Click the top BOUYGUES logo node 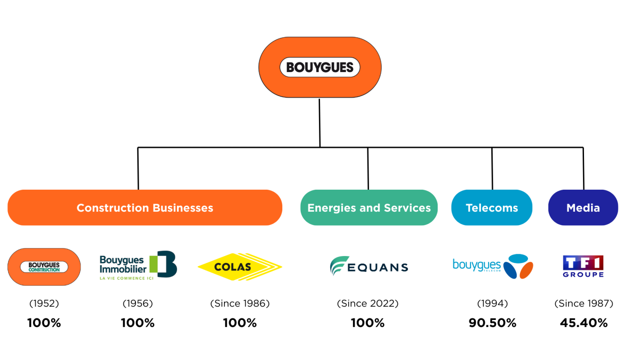click(x=320, y=67)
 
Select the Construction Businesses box click(x=145, y=208)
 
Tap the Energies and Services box click(x=369, y=208)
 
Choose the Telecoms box click(x=492, y=208)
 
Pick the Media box click(x=583, y=208)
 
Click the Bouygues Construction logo click(x=44, y=267)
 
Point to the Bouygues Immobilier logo click(x=138, y=266)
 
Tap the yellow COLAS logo click(x=240, y=267)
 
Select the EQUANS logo click(x=368, y=266)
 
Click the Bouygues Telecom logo click(x=492, y=266)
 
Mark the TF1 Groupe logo click(x=583, y=266)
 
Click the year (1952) click(x=44, y=304)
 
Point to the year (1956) click(x=138, y=304)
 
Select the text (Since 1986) click(x=240, y=304)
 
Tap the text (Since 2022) click(x=368, y=304)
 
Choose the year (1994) click(x=492, y=304)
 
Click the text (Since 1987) click(x=584, y=304)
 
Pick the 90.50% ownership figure click(x=492, y=323)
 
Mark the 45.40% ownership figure click(x=584, y=323)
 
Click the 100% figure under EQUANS click(x=368, y=323)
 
